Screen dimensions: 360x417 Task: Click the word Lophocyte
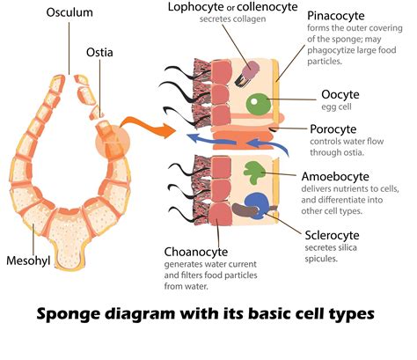(x=196, y=8)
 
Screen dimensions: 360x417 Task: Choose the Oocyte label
(x=331, y=96)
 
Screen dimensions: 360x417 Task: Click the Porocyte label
(x=335, y=130)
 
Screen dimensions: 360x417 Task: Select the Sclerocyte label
(x=336, y=235)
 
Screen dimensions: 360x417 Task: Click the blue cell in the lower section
(x=258, y=204)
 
